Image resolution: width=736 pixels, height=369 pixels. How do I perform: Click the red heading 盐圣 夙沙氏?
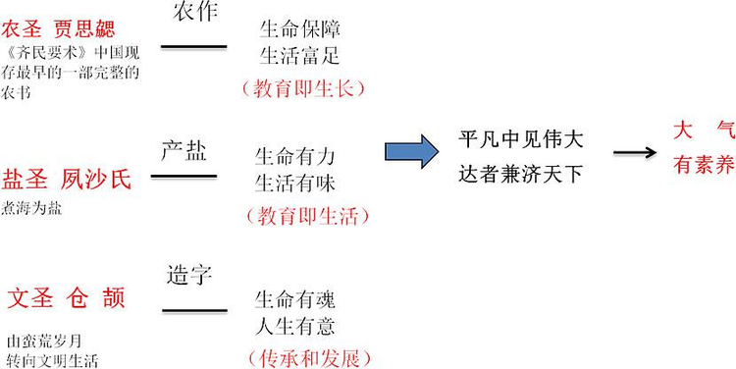click(x=67, y=180)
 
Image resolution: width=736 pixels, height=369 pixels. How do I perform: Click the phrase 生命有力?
click(x=295, y=157)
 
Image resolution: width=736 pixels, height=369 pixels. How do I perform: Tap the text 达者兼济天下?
click(x=520, y=174)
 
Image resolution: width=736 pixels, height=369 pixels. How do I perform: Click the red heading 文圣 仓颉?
click(x=67, y=297)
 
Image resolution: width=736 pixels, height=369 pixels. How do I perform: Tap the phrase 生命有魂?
click(x=295, y=298)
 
